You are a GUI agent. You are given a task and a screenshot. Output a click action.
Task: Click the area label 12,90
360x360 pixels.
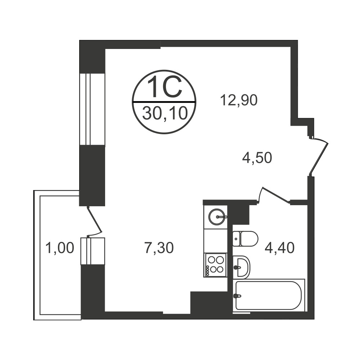pyautogui.click(x=239, y=100)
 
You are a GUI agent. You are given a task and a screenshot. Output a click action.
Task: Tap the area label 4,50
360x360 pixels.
pyautogui.click(x=257, y=158)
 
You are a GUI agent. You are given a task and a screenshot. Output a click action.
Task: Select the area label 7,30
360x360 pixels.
pyautogui.click(x=159, y=248)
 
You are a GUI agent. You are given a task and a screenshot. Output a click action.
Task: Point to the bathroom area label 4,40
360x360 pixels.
pyautogui.click(x=279, y=248)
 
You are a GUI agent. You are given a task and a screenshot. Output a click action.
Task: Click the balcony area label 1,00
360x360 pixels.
pyautogui.click(x=60, y=248)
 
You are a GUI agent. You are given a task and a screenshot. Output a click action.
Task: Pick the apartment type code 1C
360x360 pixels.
pyautogui.click(x=165, y=87)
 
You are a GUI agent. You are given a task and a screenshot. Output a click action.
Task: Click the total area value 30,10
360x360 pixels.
pyautogui.click(x=165, y=114)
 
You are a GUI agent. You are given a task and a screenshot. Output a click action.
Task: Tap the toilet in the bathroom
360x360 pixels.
pyautogui.click(x=245, y=239)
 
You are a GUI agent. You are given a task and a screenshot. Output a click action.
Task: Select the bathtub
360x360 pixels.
pyautogui.click(x=269, y=296)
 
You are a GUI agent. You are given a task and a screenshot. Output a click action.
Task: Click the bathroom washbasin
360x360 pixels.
pyautogui.click(x=242, y=267)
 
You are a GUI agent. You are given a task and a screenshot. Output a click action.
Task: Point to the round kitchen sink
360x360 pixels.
pyautogui.click(x=217, y=216)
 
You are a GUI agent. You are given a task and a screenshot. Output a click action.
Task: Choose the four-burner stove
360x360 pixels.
pyautogui.click(x=215, y=265)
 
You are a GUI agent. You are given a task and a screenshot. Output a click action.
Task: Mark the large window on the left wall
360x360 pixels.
pyautogui.click(x=92, y=109)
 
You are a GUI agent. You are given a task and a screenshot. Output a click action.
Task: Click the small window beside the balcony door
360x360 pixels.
pyautogui.click(x=93, y=251)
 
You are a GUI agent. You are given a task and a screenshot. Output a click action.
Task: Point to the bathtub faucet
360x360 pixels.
pyautogui.click(x=237, y=296)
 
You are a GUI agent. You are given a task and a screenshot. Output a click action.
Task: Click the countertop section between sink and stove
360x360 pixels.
pyautogui.click(x=215, y=241)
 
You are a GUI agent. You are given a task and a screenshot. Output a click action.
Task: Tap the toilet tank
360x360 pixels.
pyautogui.click(x=236, y=239)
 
